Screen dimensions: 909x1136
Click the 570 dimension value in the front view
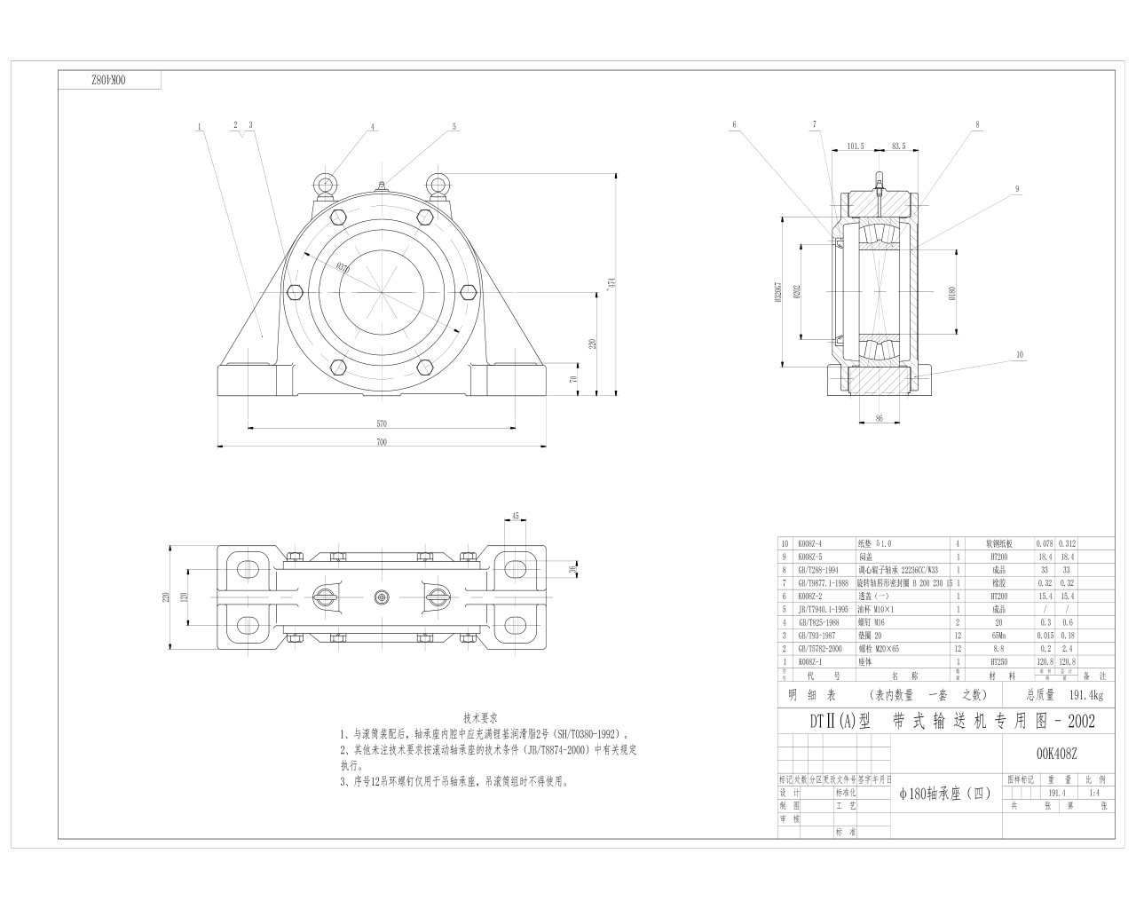click(x=382, y=423)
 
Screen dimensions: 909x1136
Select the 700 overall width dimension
click(x=382, y=441)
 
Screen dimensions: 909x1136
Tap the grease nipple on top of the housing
click(x=381, y=186)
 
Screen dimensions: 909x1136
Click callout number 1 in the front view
click(x=201, y=126)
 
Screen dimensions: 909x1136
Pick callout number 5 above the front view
click(x=454, y=126)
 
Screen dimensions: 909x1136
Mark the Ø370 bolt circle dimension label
click(x=343, y=266)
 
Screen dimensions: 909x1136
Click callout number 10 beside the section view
click(x=1020, y=354)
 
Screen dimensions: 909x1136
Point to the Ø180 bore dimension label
click(x=951, y=292)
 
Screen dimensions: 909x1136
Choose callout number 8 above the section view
click(x=977, y=125)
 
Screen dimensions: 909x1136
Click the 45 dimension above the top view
click(x=516, y=516)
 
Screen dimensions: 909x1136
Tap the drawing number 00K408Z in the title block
click(x=1056, y=754)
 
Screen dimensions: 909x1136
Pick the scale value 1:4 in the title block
click(x=1093, y=794)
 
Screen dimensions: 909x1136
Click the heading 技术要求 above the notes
click(x=480, y=717)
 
